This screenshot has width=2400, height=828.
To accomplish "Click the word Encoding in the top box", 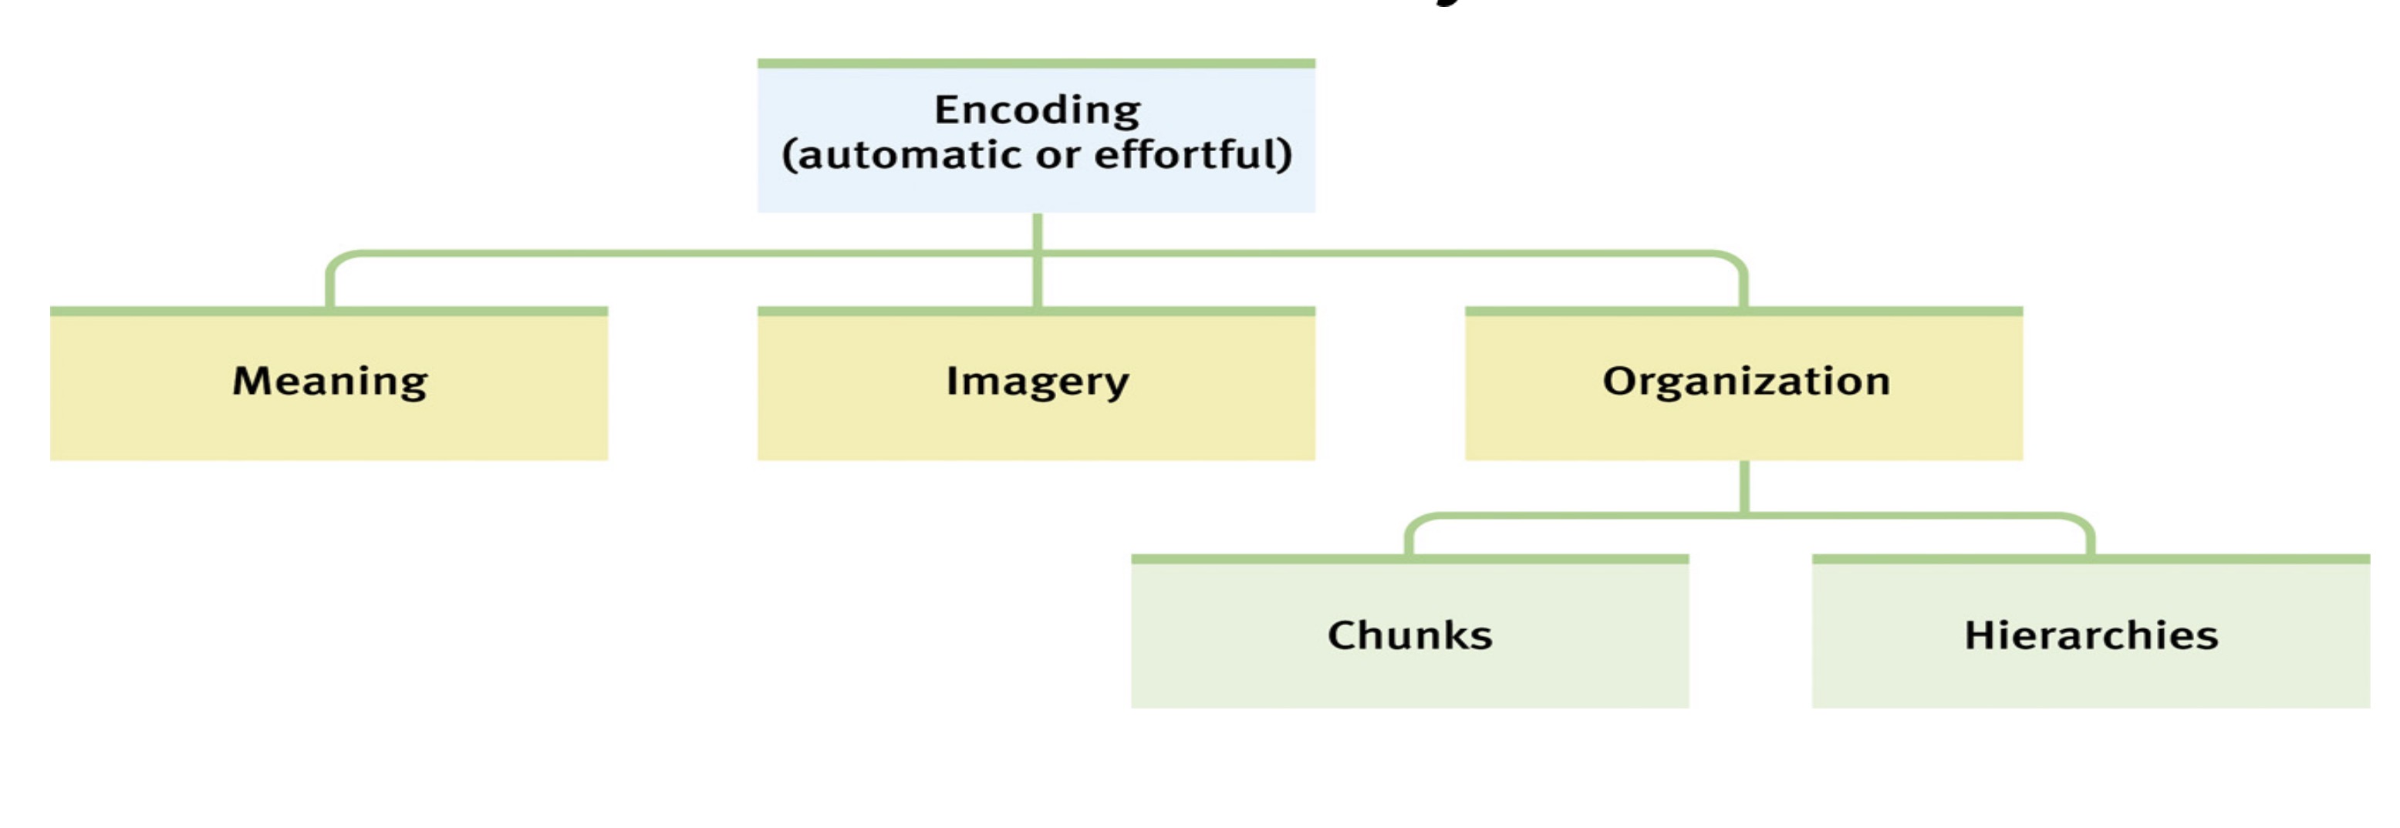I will [x=1037, y=110].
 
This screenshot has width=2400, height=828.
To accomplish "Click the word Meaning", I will [x=330, y=381].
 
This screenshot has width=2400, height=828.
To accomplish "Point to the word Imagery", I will [x=1037, y=381].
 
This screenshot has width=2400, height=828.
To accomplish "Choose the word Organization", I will [x=1746, y=381].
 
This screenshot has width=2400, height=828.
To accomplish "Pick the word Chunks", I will [x=1409, y=635].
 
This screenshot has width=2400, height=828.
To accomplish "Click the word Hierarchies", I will [x=2091, y=635].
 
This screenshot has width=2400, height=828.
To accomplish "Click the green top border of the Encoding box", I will [x=1036, y=63].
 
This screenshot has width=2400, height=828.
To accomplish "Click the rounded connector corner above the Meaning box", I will [x=337, y=260].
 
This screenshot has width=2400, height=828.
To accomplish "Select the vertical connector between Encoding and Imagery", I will [x=1037, y=279].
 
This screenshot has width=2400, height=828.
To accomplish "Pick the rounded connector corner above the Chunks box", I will [x=1416, y=523].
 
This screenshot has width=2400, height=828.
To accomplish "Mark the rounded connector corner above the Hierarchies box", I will [x=2083, y=523].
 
